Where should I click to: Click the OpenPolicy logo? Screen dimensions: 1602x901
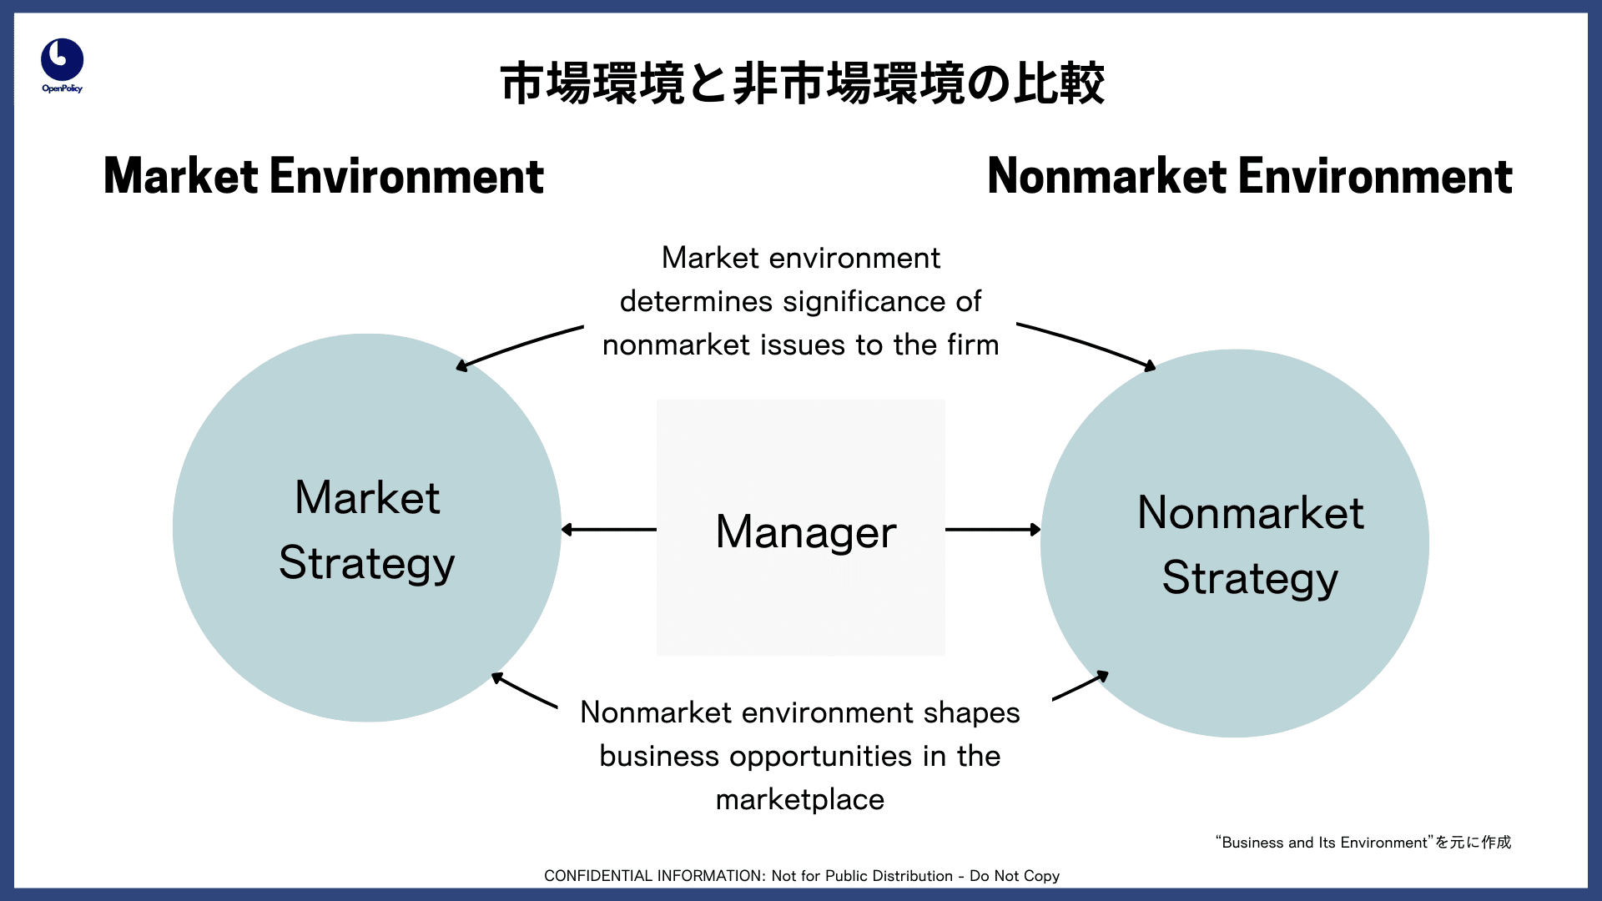point(62,65)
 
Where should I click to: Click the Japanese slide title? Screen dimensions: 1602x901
point(802,83)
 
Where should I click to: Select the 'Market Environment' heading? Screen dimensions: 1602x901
point(324,176)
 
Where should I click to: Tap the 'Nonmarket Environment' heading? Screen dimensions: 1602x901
point(1249,176)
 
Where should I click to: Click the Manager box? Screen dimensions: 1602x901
point(801,527)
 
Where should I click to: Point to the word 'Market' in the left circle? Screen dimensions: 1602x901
point(367,498)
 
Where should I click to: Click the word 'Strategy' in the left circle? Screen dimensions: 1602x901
point(367,564)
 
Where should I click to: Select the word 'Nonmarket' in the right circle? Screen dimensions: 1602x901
point(1251,512)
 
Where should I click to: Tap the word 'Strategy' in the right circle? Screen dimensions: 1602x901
point(1251,579)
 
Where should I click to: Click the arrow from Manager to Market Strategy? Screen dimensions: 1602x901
point(608,529)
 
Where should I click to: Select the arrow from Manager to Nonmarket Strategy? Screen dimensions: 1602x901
point(993,529)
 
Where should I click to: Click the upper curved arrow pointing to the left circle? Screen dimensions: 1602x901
point(518,345)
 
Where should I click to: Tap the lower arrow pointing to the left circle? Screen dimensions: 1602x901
point(524,690)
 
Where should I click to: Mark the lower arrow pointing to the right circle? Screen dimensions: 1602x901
point(1081,685)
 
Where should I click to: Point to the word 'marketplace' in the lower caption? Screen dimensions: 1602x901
point(800,800)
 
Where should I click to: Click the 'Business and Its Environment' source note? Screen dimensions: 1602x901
point(1363,843)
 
